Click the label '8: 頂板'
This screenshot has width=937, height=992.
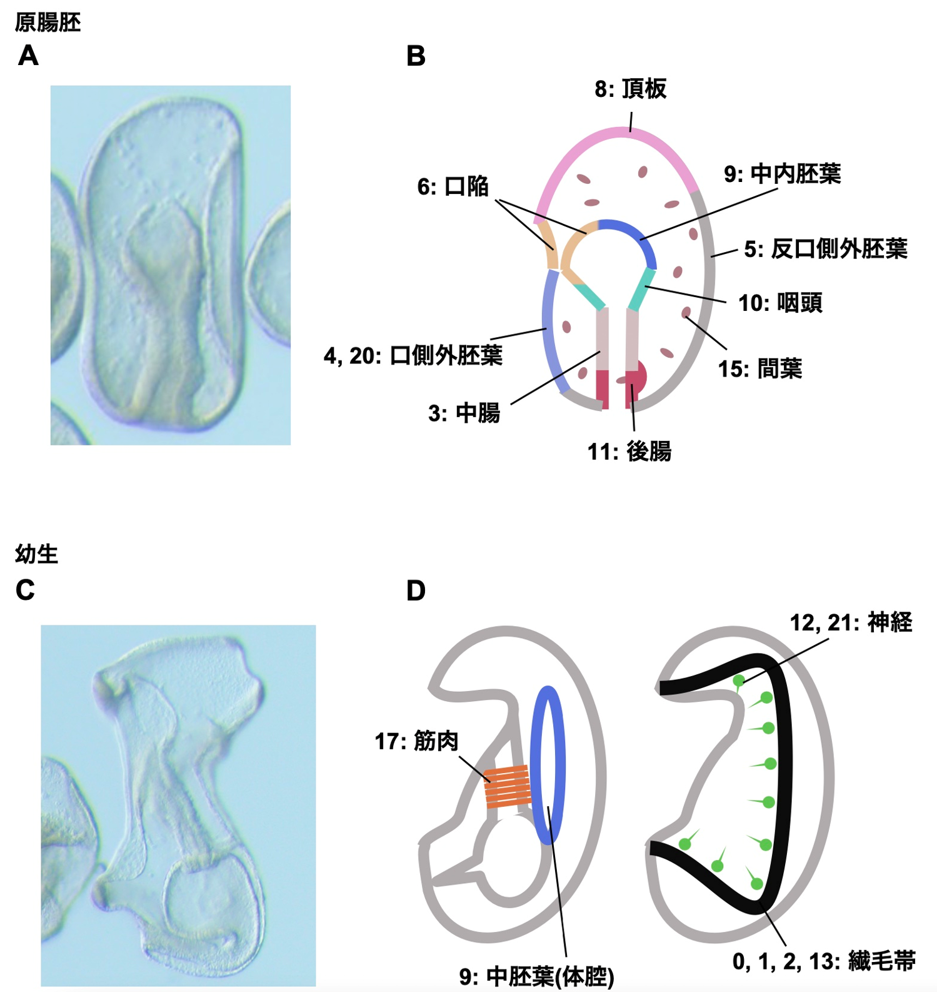click(630, 89)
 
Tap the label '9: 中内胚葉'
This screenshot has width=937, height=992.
click(782, 174)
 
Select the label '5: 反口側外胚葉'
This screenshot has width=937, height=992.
click(825, 249)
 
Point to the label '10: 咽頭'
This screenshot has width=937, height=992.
click(779, 303)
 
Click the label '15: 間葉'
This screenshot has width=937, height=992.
click(759, 368)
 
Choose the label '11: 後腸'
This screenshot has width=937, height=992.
click(629, 451)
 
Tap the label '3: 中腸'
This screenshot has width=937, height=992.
click(464, 413)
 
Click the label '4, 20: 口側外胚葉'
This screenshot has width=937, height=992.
click(413, 355)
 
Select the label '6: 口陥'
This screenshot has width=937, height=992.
click(453, 186)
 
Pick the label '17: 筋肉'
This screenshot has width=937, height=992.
click(416, 741)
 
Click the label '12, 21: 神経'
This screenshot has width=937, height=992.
click(851, 622)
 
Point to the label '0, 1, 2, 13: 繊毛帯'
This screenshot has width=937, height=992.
click(824, 961)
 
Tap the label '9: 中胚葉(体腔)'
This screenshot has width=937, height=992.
click(536, 976)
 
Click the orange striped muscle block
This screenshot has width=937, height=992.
click(508, 786)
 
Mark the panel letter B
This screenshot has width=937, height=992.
click(416, 56)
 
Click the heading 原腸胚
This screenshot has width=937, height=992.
click(48, 23)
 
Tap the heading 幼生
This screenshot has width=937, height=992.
click(36, 554)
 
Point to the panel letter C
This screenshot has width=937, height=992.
click(25, 590)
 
